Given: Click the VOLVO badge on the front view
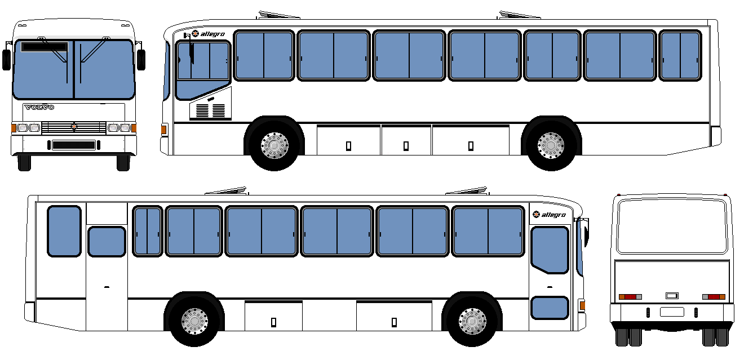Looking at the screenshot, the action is (39, 108).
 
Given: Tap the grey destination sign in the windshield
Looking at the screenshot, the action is (44, 47).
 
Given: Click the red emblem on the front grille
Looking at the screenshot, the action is (73, 126).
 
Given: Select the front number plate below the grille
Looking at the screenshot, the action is (74, 145).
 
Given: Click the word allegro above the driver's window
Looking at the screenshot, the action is (212, 34).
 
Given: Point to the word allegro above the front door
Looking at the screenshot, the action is (553, 215).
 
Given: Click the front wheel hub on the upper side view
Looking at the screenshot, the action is (274, 145).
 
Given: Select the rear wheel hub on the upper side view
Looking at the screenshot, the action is (551, 145).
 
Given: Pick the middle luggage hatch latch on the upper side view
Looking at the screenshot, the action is (406, 146).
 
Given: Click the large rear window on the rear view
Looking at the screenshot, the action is (671, 226).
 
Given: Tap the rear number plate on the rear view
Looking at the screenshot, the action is (672, 312).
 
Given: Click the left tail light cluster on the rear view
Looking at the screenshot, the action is (630, 297).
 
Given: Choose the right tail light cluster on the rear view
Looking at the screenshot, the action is (714, 297).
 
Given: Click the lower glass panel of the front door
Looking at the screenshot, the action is (550, 308).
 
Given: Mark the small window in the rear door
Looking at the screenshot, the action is (107, 242).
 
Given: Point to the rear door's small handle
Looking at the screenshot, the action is (107, 287).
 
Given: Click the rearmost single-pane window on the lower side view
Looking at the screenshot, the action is (64, 231).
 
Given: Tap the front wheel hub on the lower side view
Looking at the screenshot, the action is (472, 321).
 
